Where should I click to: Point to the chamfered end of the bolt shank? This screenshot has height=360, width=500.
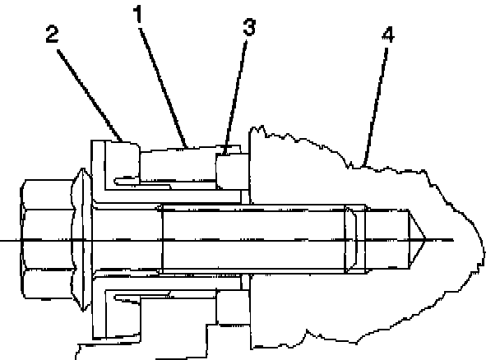click(x=351, y=239)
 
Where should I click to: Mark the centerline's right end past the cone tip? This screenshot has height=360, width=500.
click(x=448, y=239)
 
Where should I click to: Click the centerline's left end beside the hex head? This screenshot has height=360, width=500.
click(x=7, y=239)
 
